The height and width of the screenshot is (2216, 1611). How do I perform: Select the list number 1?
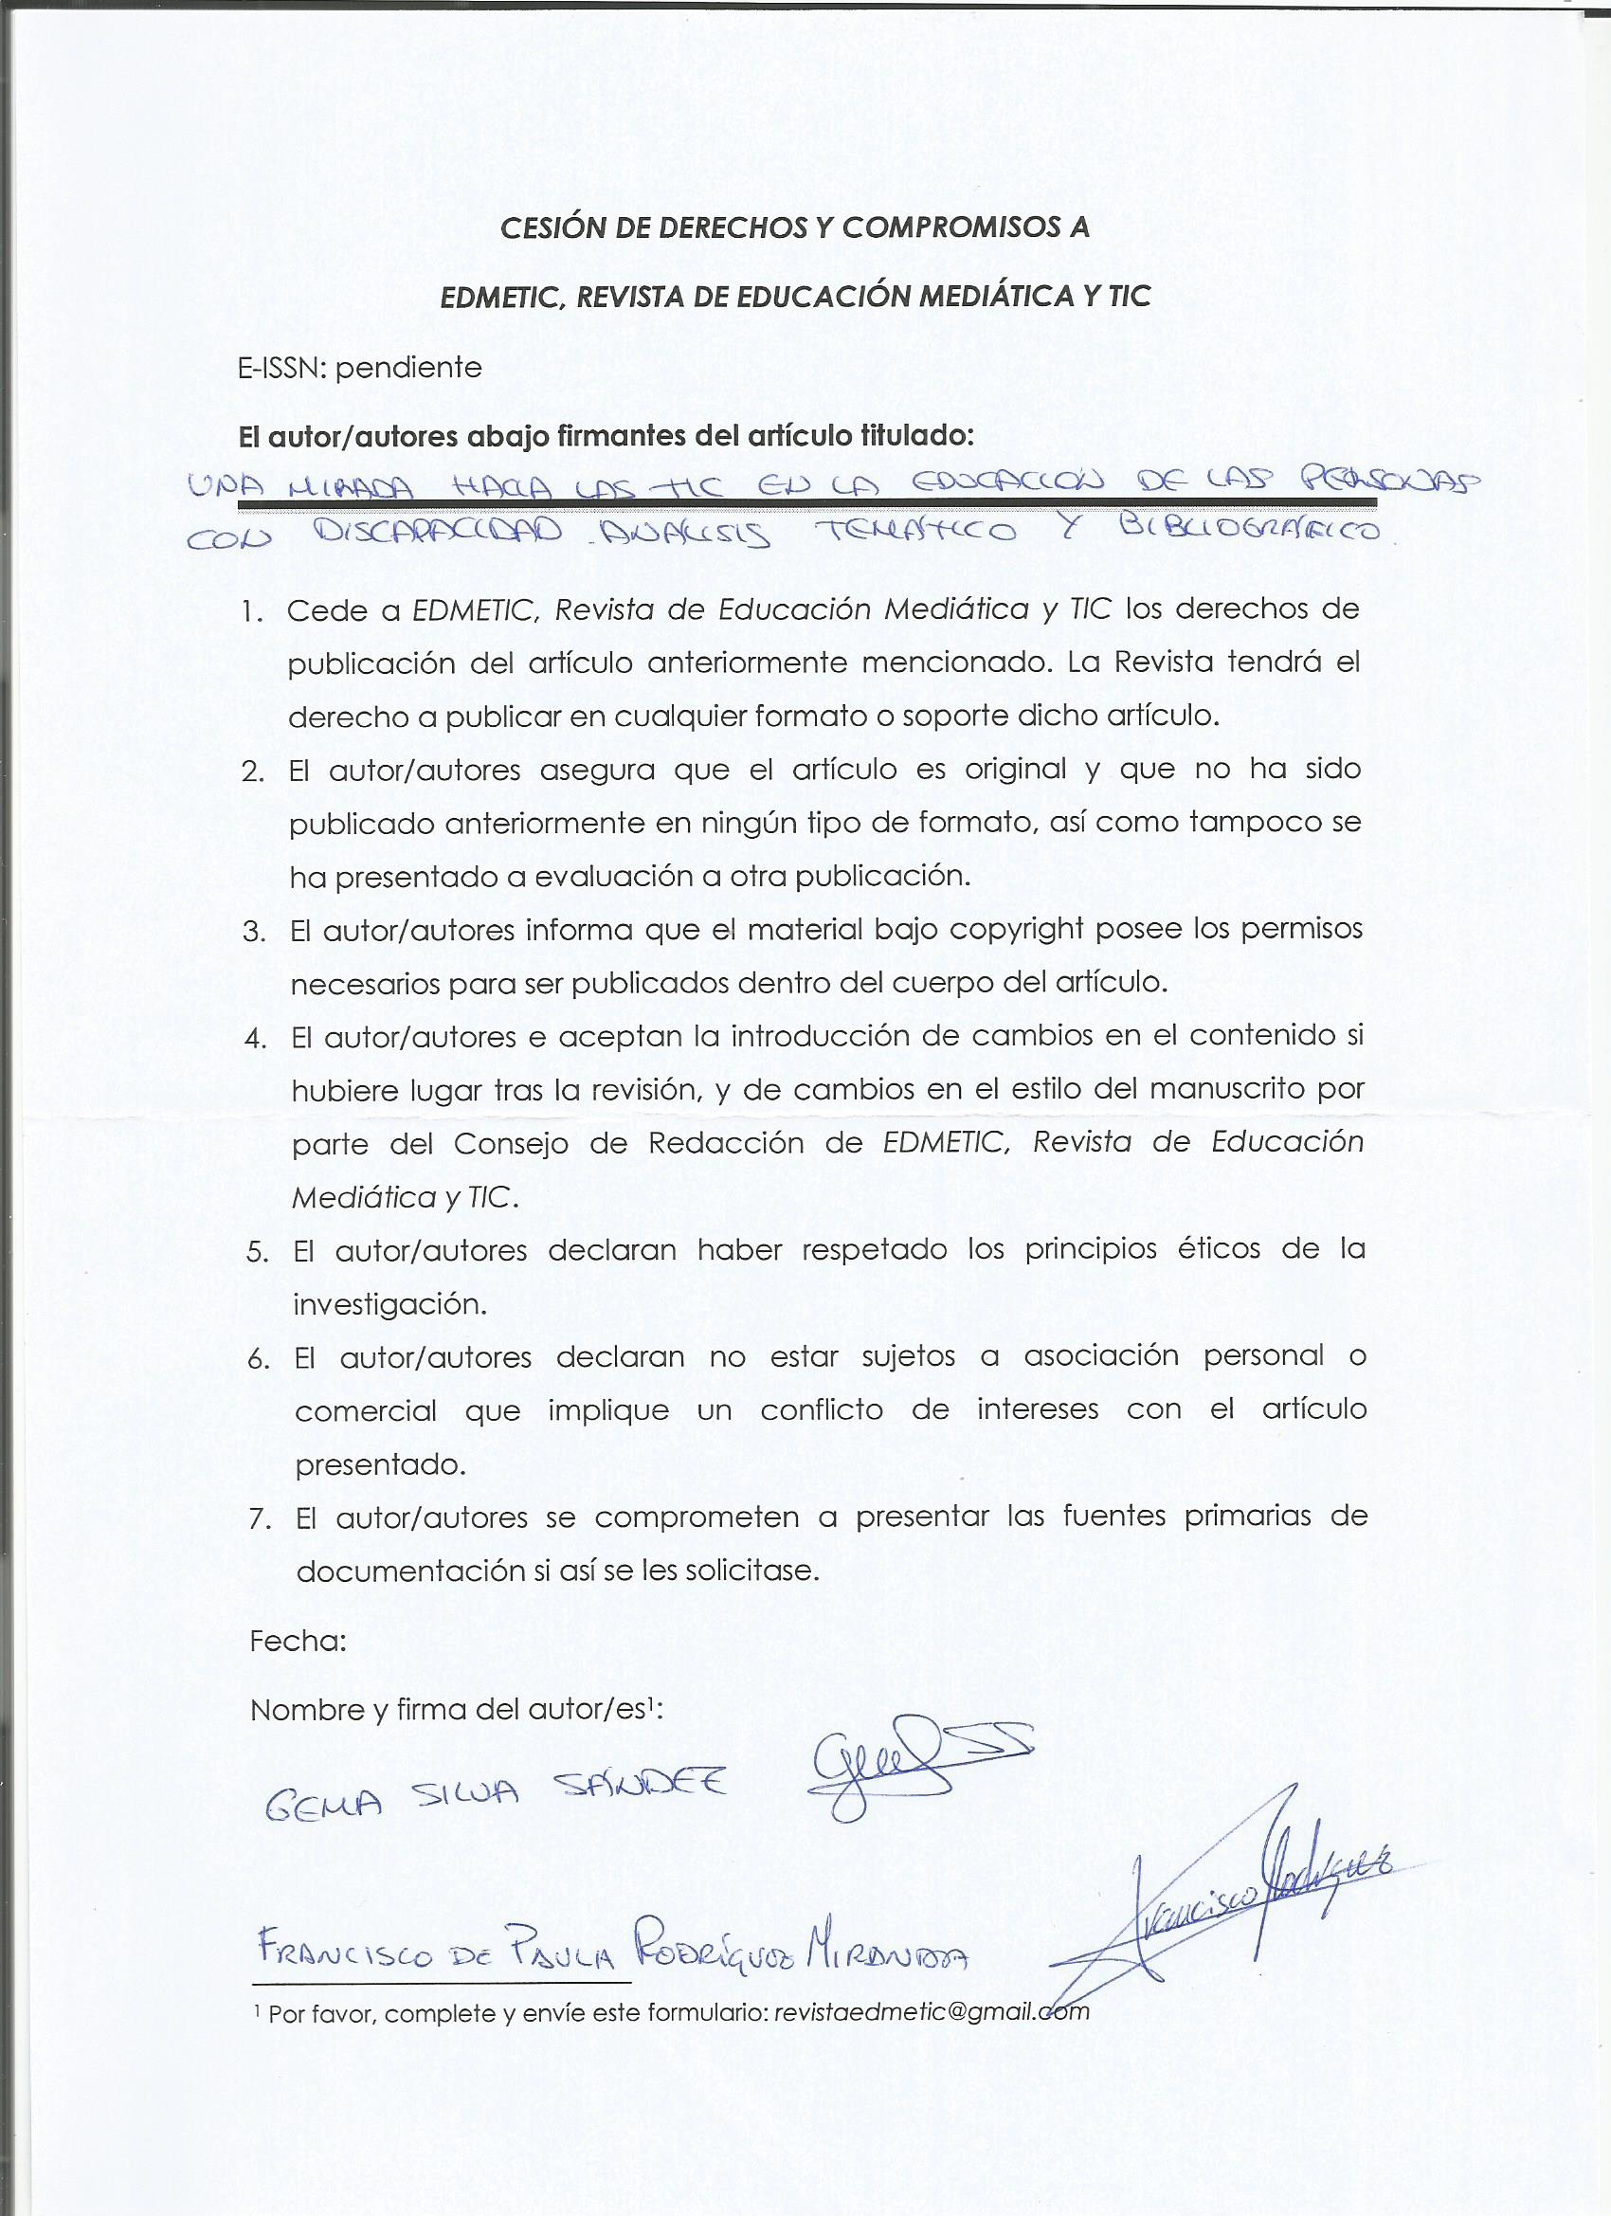[x=253, y=611]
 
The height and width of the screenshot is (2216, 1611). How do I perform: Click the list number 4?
[x=256, y=1038]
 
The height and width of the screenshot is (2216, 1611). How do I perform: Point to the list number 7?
[x=259, y=1518]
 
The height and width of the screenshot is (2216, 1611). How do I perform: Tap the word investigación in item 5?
[x=389, y=1305]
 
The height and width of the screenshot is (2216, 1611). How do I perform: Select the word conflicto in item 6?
[x=822, y=1410]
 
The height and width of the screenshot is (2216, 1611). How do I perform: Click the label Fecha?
[x=298, y=1641]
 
